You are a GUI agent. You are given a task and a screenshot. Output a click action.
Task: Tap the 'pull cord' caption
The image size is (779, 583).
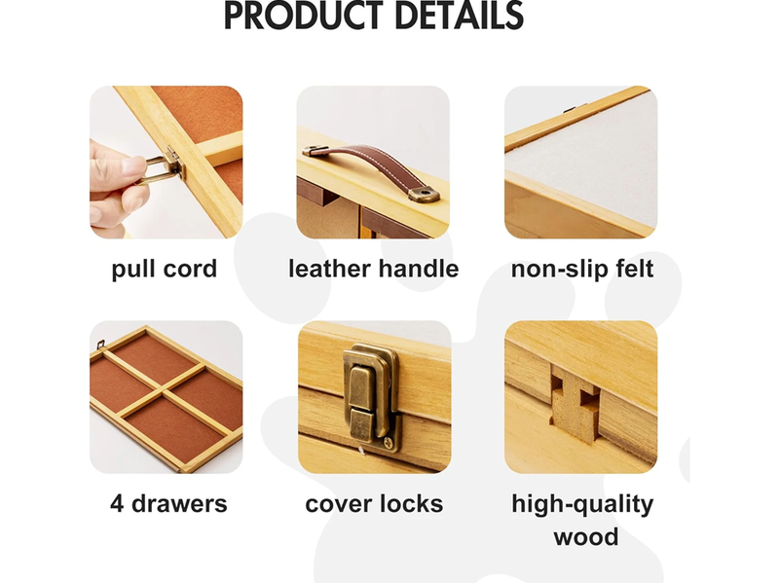click(165, 270)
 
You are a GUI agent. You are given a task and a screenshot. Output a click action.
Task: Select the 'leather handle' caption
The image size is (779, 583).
click(374, 269)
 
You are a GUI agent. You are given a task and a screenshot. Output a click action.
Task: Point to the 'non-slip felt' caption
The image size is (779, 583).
click(582, 270)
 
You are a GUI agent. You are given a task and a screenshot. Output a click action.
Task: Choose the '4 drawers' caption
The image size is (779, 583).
click(168, 503)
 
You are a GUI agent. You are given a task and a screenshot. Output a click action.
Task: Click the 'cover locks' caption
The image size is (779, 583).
click(374, 503)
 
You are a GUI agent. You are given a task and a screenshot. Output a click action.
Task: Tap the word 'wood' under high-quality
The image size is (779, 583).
click(586, 537)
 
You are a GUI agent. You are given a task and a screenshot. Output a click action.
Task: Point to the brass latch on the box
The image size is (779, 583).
click(372, 397)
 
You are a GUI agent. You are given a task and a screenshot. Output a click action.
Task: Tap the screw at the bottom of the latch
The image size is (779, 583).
click(389, 441)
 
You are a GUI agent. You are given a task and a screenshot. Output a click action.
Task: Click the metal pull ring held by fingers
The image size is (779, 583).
click(158, 168)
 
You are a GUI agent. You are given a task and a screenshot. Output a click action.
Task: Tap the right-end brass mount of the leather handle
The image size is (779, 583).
click(424, 194)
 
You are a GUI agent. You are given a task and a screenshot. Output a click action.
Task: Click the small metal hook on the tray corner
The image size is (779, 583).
click(100, 345)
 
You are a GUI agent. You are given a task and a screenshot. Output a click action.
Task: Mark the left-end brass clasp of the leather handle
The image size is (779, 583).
click(315, 150)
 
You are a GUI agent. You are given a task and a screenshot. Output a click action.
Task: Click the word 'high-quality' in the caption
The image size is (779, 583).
click(582, 504)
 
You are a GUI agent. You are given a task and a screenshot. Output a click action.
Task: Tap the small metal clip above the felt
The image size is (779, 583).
click(570, 109)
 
